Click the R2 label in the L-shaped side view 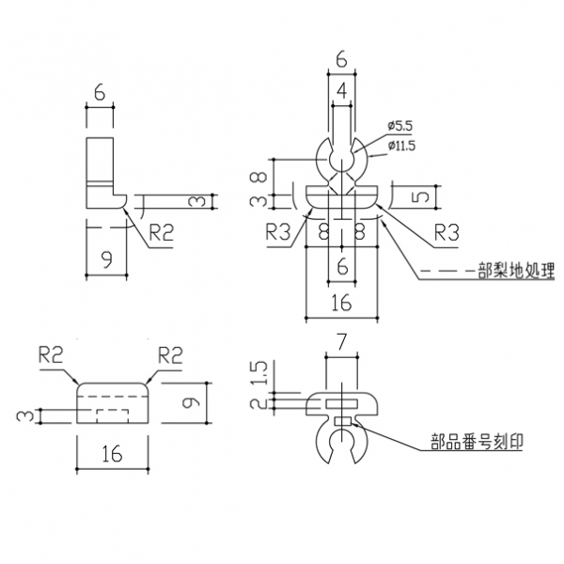[x=161, y=233]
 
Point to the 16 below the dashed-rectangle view [x=111, y=454]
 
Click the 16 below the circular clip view [x=341, y=303]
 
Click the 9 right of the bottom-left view [x=191, y=401]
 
